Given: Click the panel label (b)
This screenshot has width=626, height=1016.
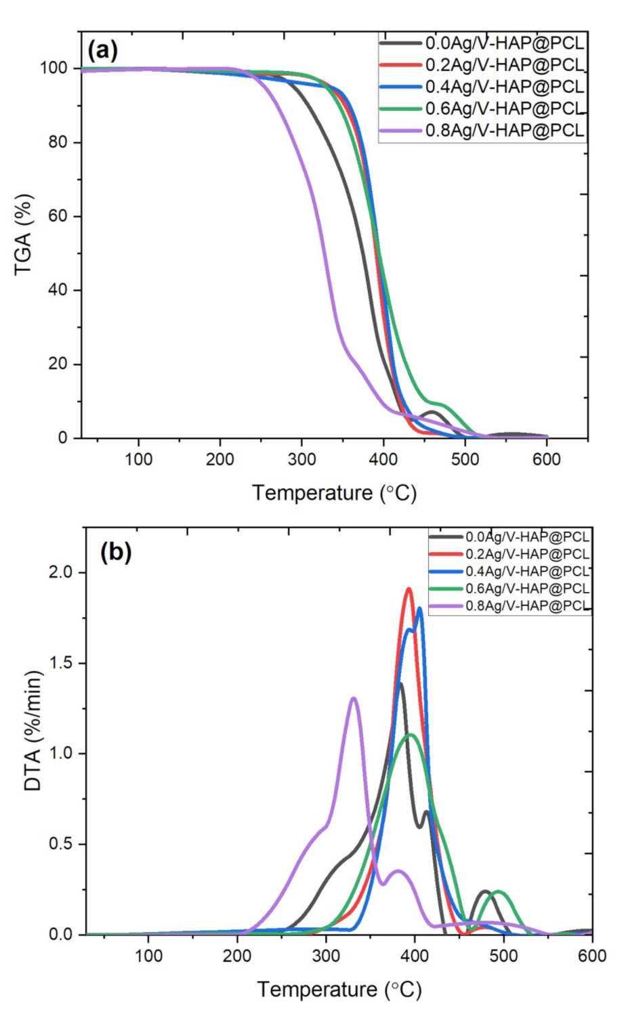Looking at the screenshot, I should pos(115,552).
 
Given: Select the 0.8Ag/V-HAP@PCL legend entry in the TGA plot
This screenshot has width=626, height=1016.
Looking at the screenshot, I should pos(504,131).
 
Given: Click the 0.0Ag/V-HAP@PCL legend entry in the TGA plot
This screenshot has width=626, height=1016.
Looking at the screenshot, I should pos(504,43).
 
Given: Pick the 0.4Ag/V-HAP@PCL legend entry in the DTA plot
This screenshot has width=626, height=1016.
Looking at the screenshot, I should pos(527,571).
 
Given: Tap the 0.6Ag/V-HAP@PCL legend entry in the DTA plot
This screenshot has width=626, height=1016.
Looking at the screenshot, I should pos(527,588).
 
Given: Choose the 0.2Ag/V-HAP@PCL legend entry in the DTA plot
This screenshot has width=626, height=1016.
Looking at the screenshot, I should pos(527,554).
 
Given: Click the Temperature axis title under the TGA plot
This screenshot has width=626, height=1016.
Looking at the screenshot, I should pos(334,492).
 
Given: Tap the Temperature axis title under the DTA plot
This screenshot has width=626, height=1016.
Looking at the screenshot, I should pos(339,990).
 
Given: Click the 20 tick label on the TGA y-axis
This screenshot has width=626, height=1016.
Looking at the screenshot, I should pos(60,364).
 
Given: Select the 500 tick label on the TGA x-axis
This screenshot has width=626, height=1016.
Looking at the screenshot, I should pos(465,459).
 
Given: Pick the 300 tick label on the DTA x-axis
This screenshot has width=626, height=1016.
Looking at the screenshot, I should pos(326,956).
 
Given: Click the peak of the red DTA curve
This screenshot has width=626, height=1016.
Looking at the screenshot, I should pos(409,589).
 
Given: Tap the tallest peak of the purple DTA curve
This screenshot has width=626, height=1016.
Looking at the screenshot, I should pos(353,698).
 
